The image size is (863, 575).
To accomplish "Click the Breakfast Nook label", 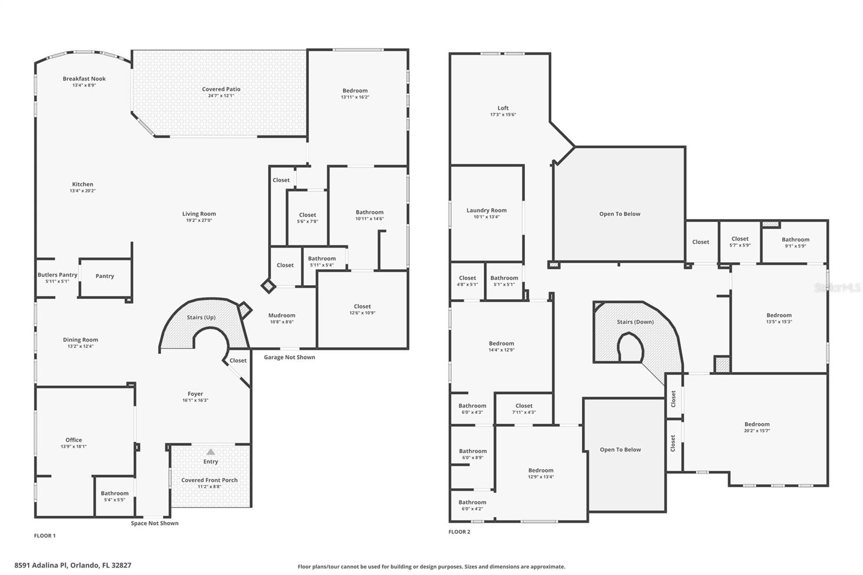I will pos(84,79).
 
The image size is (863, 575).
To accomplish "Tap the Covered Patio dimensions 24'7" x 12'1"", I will pos(221,96).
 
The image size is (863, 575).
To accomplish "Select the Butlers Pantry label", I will pos(57,275).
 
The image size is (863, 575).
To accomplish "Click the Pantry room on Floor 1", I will pos(105,276).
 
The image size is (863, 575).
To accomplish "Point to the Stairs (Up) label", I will pos(201,317).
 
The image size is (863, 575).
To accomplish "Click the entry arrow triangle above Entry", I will pos(211,452).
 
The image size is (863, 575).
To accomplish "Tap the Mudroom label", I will pos(282,316).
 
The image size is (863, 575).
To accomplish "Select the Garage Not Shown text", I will pos(289,357).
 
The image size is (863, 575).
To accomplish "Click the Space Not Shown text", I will pos(154,523).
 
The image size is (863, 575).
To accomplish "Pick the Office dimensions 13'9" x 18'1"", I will pos(74,447).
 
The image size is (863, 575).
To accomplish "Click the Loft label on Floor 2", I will pos(503,108).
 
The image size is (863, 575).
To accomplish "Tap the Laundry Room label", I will pos(487,210).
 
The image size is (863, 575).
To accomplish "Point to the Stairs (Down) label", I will pos(635,322).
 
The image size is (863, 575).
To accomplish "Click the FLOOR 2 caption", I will pos(459,532).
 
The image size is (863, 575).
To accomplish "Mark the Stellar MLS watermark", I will pos(837,288).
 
